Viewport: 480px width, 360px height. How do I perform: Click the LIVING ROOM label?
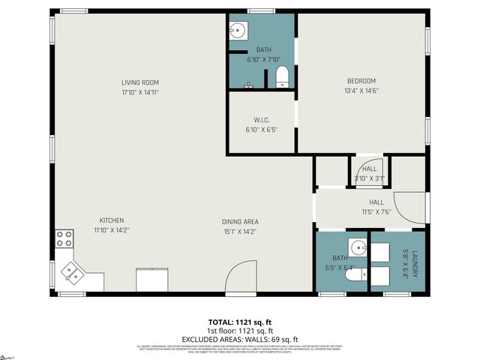pyautogui.click(x=140, y=82)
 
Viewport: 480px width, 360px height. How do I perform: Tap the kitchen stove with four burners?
pyautogui.click(x=64, y=238)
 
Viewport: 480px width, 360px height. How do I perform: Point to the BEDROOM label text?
pyautogui.click(x=361, y=81)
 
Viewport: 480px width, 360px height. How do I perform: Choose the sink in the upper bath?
pyautogui.click(x=238, y=31)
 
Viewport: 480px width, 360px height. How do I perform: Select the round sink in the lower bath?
pyautogui.click(x=358, y=247)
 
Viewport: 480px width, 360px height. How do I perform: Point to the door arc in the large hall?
pyautogui.click(x=412, y=208)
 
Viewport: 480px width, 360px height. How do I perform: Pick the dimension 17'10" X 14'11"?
pyautogui.click(x=140, y=92)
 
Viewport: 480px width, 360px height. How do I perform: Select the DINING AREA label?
pyautogui.click(x=239, y=221)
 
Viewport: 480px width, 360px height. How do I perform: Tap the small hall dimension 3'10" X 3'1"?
pyautogui.click(x=370, y=178)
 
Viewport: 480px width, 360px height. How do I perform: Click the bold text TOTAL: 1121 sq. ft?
pyautogui.click(x=239, y=322)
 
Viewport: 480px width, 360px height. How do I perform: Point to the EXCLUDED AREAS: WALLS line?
pyautogui.click(x=239, y=338)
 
